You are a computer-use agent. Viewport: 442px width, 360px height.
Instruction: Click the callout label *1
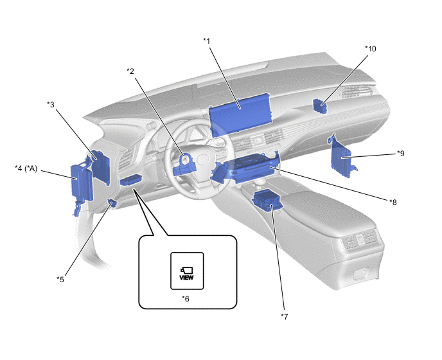pos(207,41)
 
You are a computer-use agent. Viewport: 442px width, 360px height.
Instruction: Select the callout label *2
pos(130,71)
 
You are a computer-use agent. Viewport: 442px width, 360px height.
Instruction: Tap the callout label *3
pos(51,105)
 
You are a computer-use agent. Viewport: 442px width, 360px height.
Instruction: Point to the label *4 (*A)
pos(26,168)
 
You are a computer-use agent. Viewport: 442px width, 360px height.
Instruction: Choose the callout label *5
pos(60,279)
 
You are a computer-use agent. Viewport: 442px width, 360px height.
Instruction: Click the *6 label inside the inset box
pos(186,298)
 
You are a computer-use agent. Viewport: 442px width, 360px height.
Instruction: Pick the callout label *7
pos(285,316)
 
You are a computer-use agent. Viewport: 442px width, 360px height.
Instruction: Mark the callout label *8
pos(393,202)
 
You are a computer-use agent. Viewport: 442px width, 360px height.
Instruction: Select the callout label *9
pos(401,153)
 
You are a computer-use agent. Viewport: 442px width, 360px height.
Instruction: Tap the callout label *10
pos(371,49)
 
